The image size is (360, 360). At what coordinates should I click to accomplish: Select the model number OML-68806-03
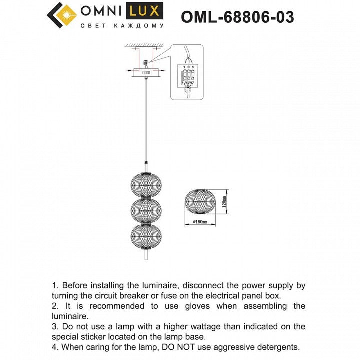coord(237,17)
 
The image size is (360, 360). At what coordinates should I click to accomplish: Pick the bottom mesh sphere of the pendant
coord(145,236)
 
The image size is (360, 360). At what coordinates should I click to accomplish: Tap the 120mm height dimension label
coord(225,202)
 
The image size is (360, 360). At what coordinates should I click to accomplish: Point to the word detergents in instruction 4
coord(279,347)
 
